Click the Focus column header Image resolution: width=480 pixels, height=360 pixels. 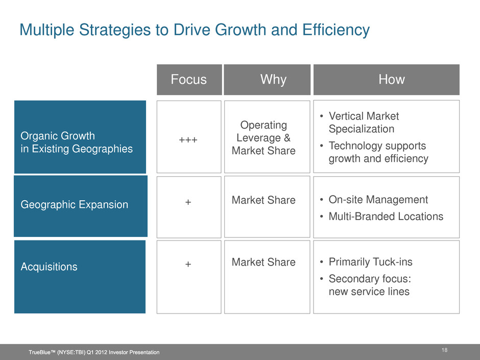(x=188, y=79)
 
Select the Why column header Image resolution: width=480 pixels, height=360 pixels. (x=273, y=79)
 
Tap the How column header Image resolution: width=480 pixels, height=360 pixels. (x=392, y=79)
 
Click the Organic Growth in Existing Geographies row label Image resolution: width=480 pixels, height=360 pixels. (x=77, y=142)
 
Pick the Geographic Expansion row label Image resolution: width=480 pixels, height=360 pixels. (x=75, y=204)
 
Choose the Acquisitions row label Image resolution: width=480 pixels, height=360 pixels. (x=49, y=267)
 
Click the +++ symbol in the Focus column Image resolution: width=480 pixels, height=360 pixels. (x=188, y=140)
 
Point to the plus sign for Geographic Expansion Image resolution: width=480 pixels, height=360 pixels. (x=188, y=202)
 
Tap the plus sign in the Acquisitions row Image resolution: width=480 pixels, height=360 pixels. (x=188, y=264)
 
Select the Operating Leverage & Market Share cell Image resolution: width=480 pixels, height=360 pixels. (x=263, y=138)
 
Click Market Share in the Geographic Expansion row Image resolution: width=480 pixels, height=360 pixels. (x=263, y=200)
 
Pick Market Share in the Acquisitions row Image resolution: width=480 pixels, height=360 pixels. (x=263, y=262)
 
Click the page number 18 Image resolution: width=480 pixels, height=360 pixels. (x=444, y=350)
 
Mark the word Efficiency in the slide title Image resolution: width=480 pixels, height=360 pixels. (x=336, y=30)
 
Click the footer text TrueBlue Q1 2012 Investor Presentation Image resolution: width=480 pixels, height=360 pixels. (x=94, y=352)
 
